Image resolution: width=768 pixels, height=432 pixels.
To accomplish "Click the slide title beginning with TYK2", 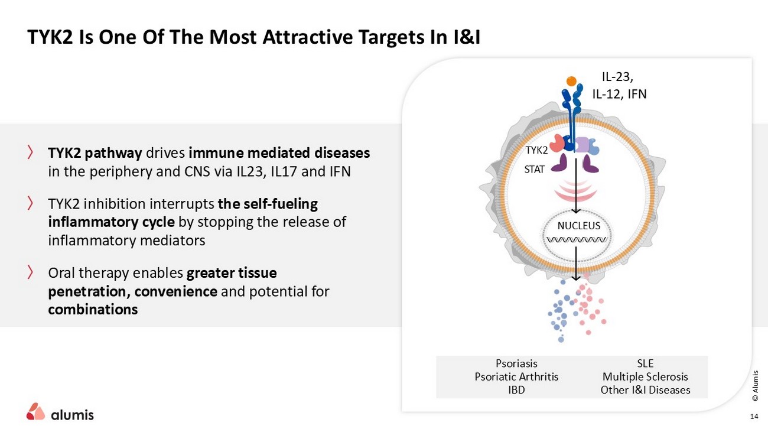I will [x=253, y=37].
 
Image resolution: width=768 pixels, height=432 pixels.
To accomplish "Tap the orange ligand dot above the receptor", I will [x=571, y=81].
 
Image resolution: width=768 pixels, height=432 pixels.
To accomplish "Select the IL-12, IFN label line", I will [x=619, y=93].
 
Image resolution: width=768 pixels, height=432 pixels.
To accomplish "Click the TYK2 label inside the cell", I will [x=536, y=150].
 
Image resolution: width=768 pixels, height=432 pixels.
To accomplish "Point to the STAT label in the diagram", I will [x=535, y=169].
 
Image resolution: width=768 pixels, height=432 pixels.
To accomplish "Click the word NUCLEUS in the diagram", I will [x=579, y=226].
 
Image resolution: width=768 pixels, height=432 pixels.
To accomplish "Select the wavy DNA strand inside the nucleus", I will [x=577, y=240].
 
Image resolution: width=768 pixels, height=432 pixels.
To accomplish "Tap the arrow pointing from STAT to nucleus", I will [x=576, y=189].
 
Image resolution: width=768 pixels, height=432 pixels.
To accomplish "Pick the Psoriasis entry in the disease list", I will [x=516, y=363].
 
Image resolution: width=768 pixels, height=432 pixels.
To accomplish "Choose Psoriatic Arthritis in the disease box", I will [x=516, y=376].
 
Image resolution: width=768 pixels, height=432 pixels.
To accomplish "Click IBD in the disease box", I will [x=516, y=389].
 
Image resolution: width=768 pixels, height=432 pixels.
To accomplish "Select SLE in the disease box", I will [x=645, y=363].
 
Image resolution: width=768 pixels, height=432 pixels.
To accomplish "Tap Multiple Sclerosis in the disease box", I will [x=645, y=376].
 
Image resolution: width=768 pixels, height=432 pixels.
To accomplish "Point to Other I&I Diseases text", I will [x=645, y=389].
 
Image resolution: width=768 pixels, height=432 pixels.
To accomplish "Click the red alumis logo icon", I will [x=35, y=411].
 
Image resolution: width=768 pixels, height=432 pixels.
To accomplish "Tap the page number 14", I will [x=753, y=417].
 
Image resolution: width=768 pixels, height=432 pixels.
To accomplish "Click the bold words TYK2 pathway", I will [x=95, y=153].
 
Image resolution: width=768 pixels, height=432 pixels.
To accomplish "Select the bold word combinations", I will [x=93, y=309].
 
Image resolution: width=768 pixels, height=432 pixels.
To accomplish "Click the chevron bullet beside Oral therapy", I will [x=30, y=272].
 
